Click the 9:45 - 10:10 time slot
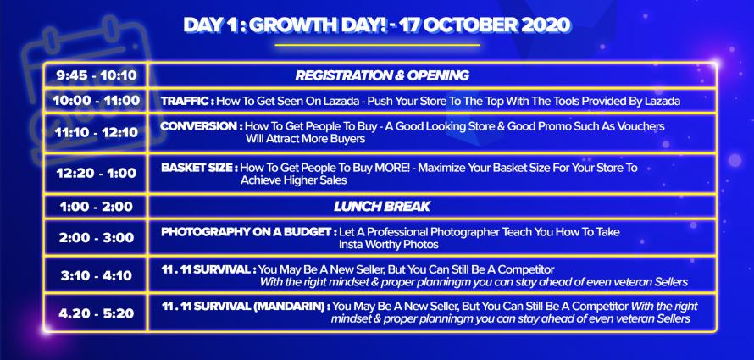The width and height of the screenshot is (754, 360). click(x=97, y=76)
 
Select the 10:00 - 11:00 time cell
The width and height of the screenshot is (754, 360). click(x=97, y=101)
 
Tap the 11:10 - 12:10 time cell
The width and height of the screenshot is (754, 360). click(x=97, y=133)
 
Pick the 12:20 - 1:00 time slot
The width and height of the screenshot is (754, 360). click(x=97, y=174)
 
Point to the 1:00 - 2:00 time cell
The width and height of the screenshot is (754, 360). click(x=97, y=208)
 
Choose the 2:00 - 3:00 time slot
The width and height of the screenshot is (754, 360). click(x=97, y=238)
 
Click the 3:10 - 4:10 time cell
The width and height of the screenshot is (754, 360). click(x=97, y=276)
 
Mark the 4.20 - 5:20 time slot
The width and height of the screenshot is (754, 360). click(x=97, y=314)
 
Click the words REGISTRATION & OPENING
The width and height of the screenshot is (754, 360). click(x=382, y=75)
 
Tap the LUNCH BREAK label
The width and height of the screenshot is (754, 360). click(x=382, y=207)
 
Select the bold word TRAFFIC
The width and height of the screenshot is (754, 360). click(x=185, y=102)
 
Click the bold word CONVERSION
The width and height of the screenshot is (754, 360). click(x=198, y=126)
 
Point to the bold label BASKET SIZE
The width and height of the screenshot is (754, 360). click(x=197, y=168)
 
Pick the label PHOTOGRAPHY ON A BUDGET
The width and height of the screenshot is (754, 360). click(x=247, y=232)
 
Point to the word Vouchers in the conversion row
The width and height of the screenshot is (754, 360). click(x=644, y=126)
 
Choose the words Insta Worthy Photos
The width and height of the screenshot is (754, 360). click(x=389, y=245)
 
